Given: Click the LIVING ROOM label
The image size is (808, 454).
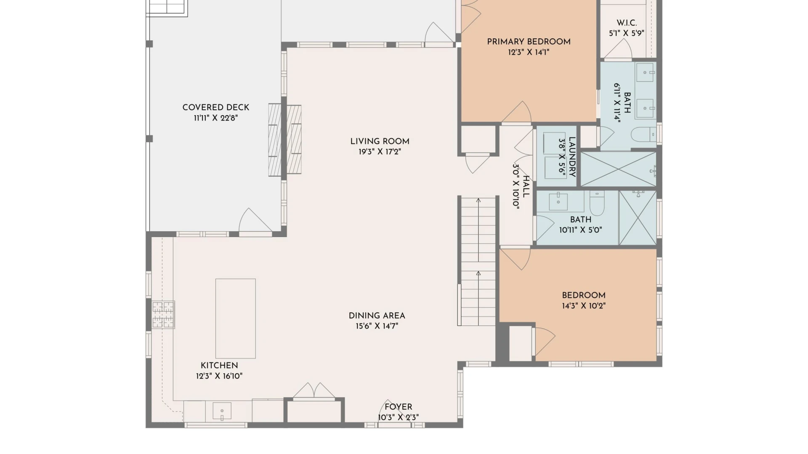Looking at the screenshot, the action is pos(380,141).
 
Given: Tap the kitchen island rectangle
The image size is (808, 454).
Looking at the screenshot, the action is pos(235,318).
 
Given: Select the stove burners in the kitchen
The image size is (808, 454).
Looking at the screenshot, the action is pos(163,314).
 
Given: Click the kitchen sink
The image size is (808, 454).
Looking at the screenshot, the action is pos(222,411).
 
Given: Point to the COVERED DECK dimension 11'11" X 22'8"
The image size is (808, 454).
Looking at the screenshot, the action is pos(216,118).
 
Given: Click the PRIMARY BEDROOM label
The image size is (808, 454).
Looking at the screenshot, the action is pos(529,42).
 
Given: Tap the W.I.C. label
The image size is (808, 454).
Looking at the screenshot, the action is pos(627,23).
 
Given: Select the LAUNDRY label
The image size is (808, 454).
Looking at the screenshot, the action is pos(572,157).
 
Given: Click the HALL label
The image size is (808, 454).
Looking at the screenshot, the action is pos(526,187).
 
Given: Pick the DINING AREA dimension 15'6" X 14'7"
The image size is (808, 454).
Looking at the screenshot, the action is pos(377,326).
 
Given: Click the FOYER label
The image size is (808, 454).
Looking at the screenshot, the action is pos(398,407).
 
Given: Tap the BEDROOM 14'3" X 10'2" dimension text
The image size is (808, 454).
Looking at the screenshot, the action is pos(584,306).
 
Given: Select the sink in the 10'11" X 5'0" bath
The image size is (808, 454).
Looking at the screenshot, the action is pos(558,201).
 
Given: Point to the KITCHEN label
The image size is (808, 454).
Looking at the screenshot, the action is pos(219,365).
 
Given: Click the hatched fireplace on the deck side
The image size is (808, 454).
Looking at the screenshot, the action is pos(275,140).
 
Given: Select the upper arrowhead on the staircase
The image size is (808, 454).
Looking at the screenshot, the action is pos(478,201).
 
